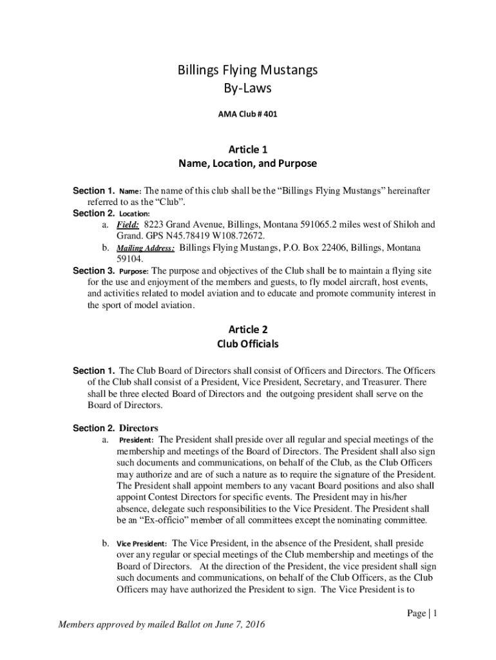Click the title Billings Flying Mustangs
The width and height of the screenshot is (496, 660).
[x=248, y=70]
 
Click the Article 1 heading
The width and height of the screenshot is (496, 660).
[x=248, y=150]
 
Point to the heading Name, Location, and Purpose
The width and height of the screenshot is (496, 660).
[x=248, y=164]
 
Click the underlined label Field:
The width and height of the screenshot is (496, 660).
[x=128, y=225]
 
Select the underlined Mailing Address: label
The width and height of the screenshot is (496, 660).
[x=146, y=247]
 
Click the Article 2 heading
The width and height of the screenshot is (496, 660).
[x=248, y=329]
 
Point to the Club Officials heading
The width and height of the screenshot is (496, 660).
[x=248, y=344]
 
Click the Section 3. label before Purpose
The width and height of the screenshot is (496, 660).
[x=93, y=271]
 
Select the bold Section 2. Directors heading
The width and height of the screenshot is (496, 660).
[x=115, y=428]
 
